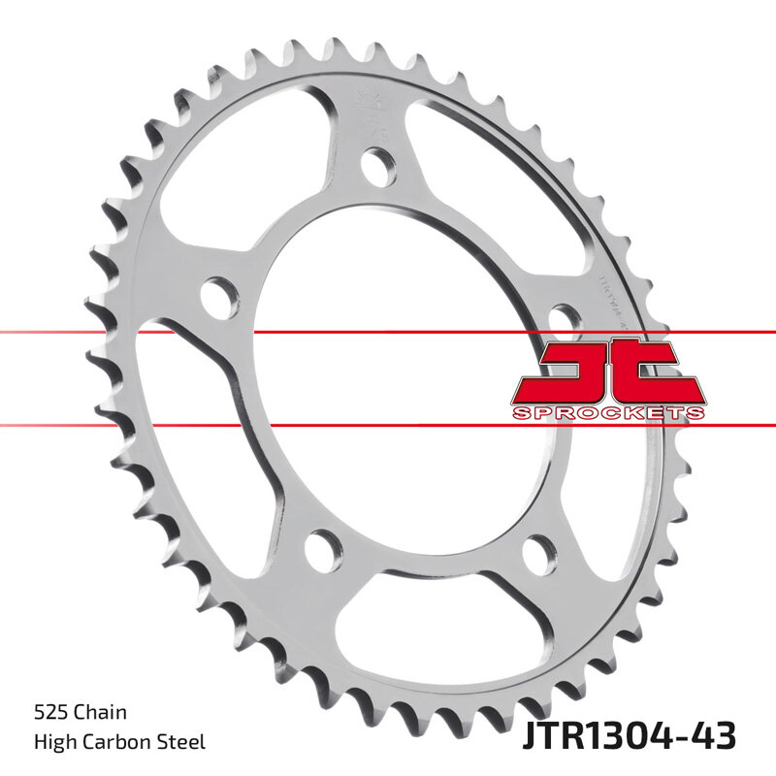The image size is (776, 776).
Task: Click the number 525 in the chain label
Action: (x=49, y=713)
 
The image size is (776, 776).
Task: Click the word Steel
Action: (x=181, y=742)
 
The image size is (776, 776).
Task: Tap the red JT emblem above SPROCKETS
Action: (x=608, y=372)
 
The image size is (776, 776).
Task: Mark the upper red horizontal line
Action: (x=388, y=333)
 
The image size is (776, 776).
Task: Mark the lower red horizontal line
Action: (x=388, y=424)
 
